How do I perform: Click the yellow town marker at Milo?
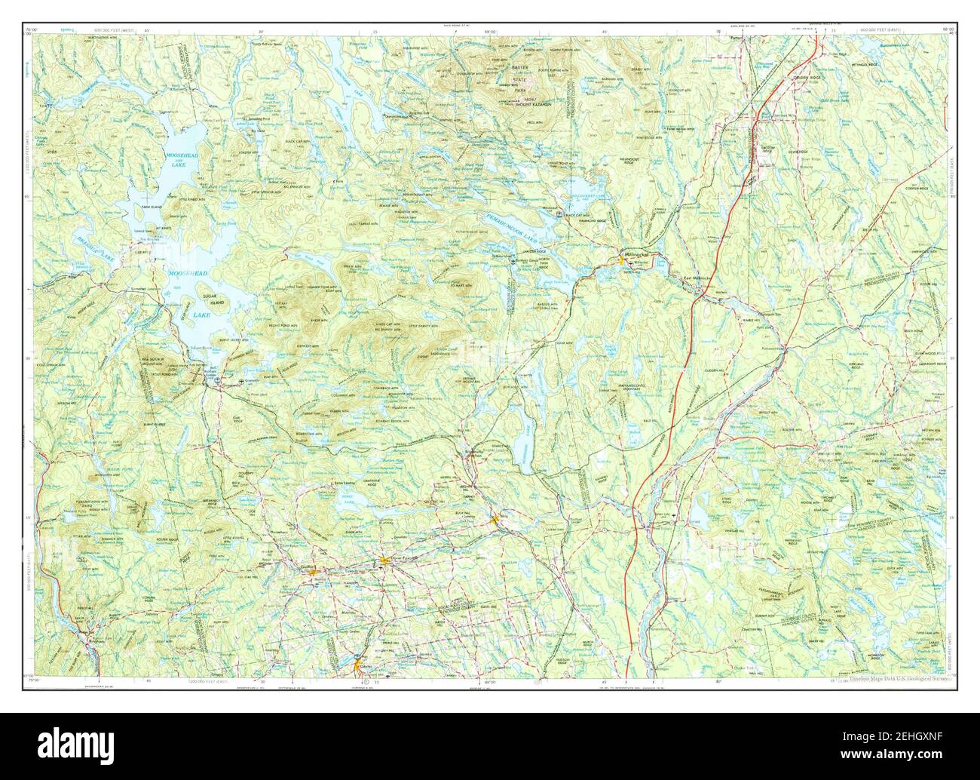pos(495,520)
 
